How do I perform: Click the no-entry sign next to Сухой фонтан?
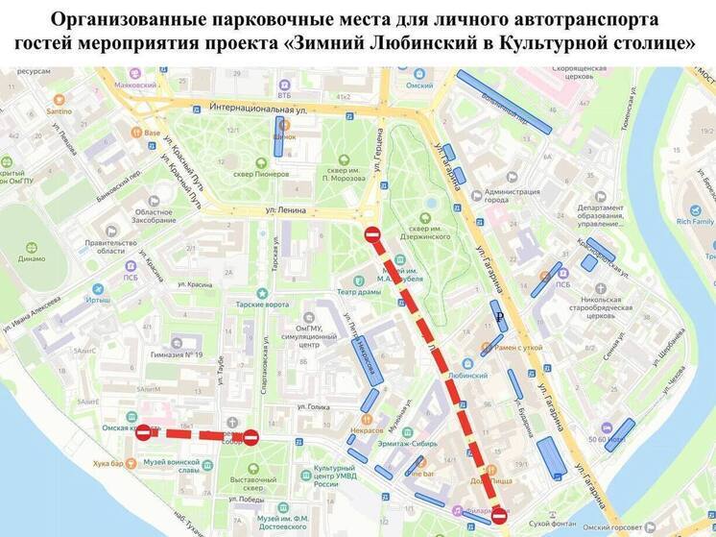(498, 516)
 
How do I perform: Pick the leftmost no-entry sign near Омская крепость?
(143, 434)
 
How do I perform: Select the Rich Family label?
(696, 221)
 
